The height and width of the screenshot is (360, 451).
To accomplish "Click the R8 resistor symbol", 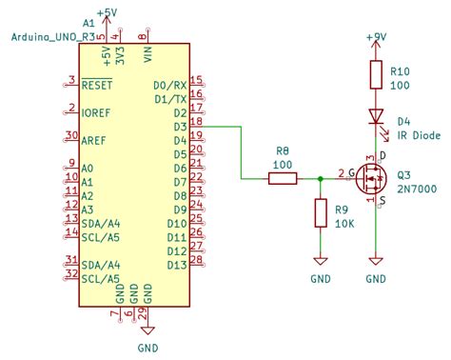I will [283, 177].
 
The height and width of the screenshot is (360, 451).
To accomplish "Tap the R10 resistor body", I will [378, 76].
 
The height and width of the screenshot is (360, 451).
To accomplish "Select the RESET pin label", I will [99, 84].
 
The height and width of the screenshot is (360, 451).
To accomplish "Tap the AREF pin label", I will [95, 139].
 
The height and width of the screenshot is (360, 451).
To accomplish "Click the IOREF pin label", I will [97, 111].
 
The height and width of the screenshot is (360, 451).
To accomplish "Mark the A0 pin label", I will [88, 167].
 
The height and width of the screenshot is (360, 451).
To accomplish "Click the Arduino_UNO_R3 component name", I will [53, 36].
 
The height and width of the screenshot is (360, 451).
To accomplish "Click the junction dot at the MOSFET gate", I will [321, 177].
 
